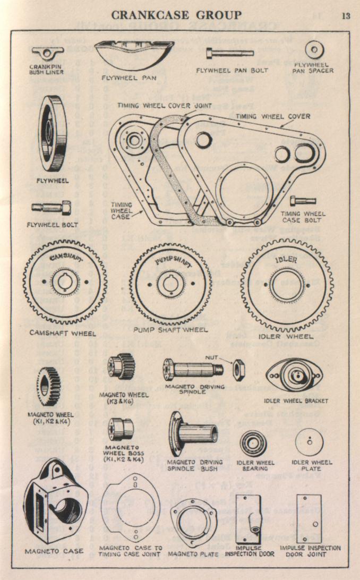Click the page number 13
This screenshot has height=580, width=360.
coord(346,15)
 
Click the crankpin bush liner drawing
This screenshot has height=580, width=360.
coord(47,53)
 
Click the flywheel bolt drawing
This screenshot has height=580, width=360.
coord(52,207)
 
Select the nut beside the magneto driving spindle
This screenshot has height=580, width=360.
coord(237,365)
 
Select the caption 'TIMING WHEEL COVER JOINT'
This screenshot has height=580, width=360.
coord(165,105)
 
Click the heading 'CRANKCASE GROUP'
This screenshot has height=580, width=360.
coord(180,15)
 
